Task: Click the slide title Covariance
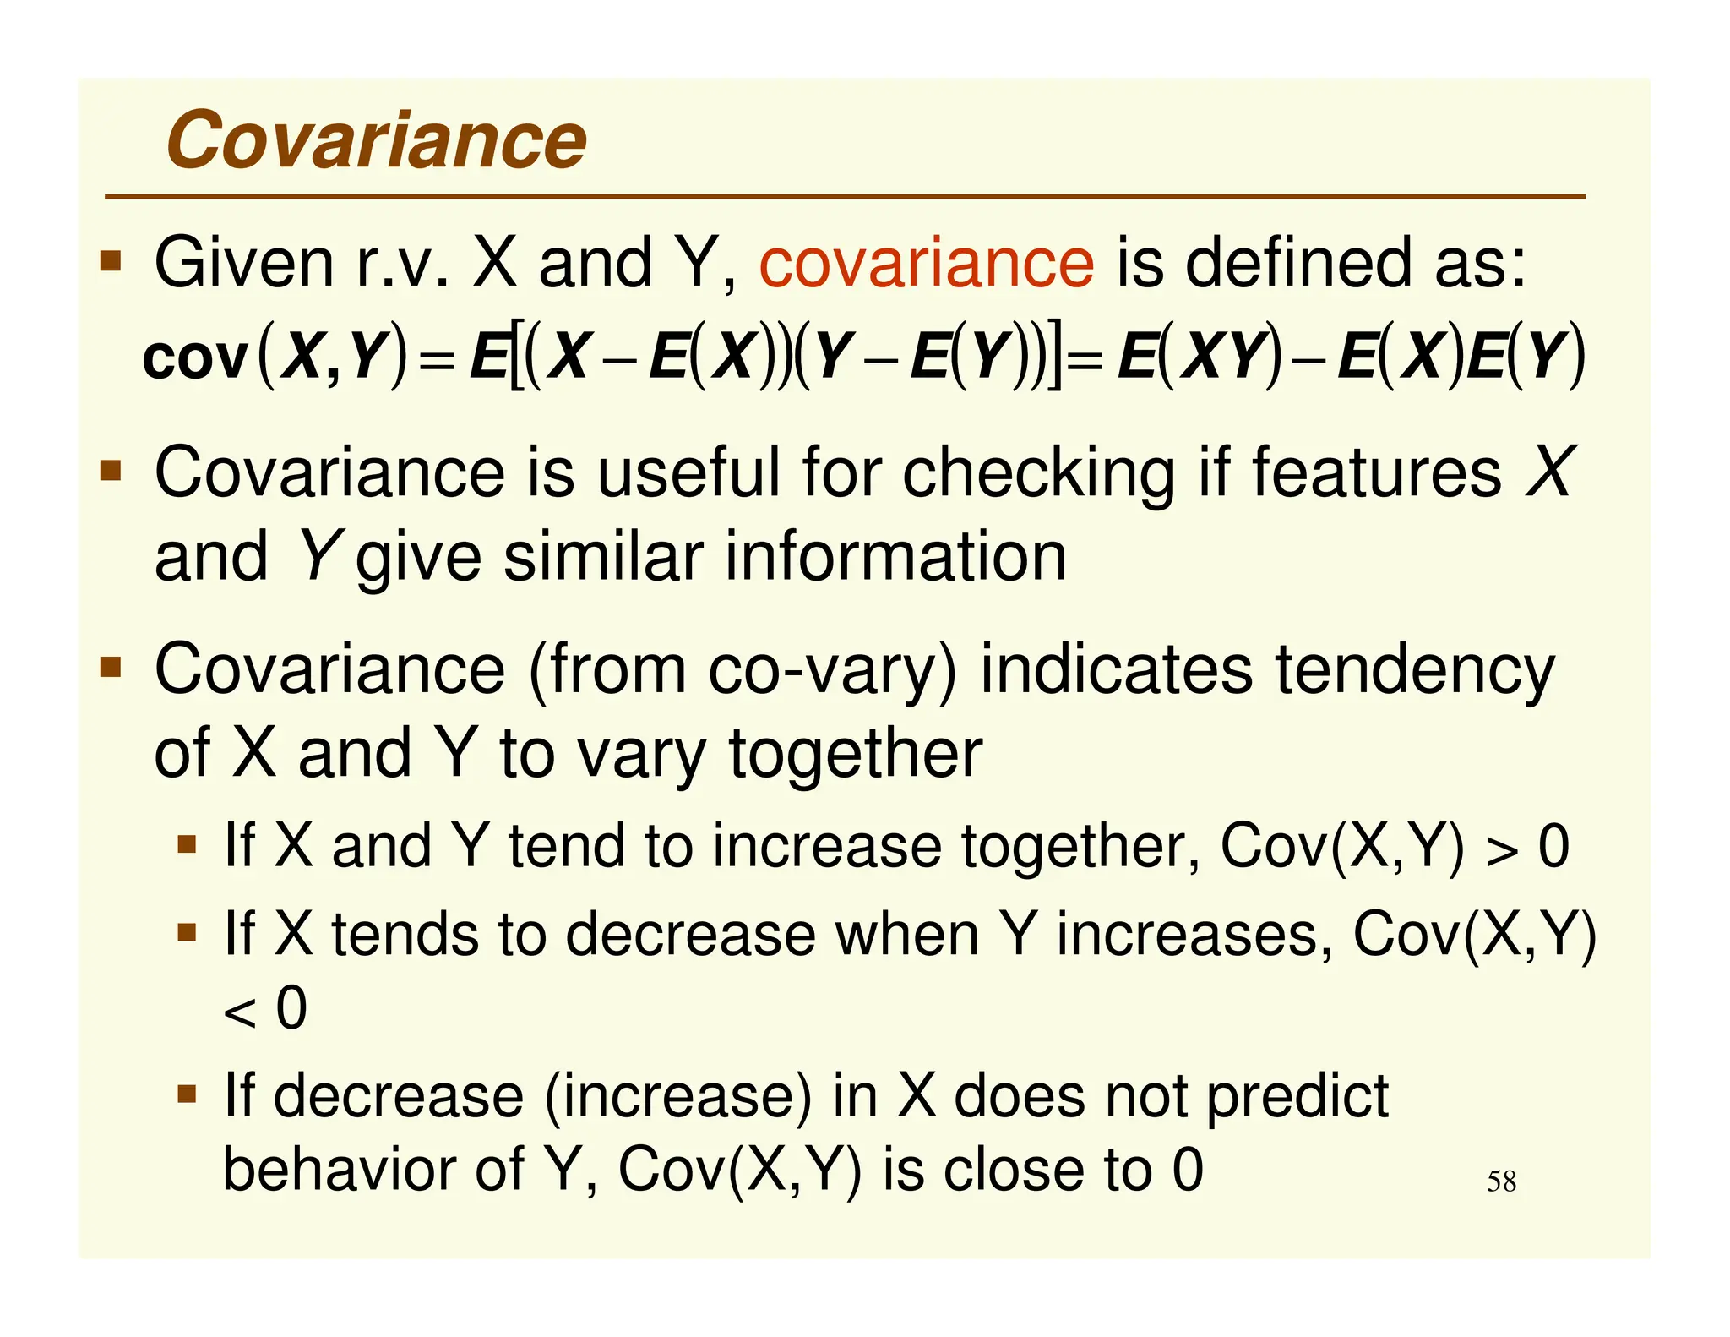coord(376,140)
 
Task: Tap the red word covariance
coord(926,264)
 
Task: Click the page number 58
coord(1501,1181)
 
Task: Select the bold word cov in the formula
coord(195,358)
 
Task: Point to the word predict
coord(1297,1096)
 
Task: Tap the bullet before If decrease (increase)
coord(187,1094)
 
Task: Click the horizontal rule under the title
coord(845,197)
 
